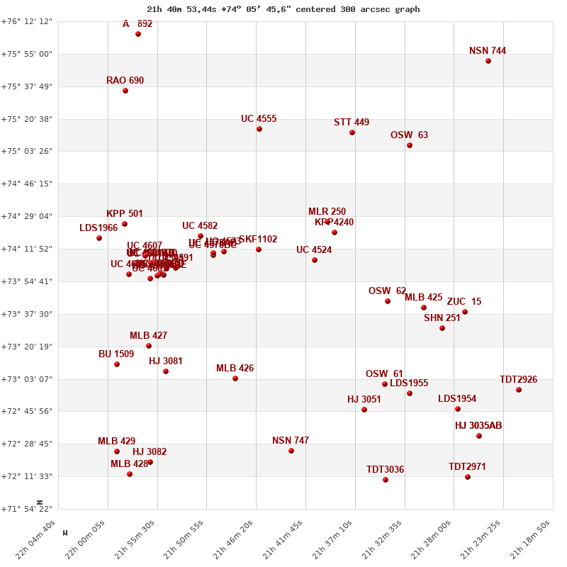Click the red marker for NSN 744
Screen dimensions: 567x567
(x=488, y=61)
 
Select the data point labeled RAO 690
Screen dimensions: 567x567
(x=125, y=91)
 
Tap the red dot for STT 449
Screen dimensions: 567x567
(x=352, y=133)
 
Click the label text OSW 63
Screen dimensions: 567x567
(x=409, y=135)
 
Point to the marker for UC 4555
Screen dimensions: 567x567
(x=259, y=129)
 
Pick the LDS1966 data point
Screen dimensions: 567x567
(x=99, y=238)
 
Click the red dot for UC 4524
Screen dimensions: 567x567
(x=315, y=260)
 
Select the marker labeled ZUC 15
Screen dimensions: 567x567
(x=465, y=312)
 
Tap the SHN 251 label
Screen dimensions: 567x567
(x=442, y=318)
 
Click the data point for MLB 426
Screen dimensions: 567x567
(x=235, y=378)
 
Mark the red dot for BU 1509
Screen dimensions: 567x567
(x=117, y=364)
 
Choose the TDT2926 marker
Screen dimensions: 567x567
(x=519, y=390)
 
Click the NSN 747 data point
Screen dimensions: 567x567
(x=291, y=451)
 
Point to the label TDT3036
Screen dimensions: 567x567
(x=385, y=470)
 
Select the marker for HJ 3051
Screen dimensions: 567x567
(x=364, y=410)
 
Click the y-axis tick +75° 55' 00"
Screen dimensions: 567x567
(x=27, y=54)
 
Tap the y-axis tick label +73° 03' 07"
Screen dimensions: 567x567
(x=27, y=379)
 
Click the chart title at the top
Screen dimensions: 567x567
(x=283, y=9)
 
